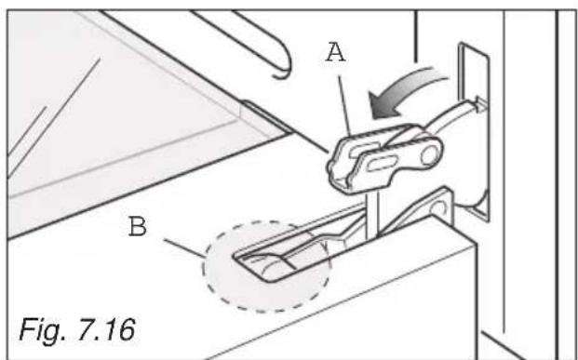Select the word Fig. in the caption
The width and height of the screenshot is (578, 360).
pos(45,328)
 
